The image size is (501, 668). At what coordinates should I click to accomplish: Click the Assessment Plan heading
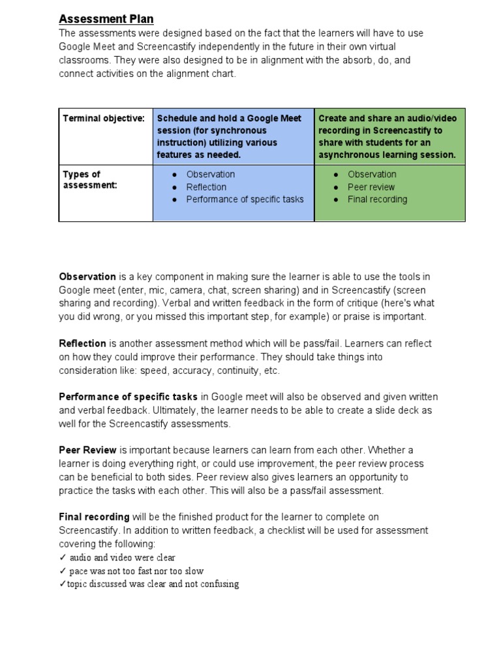point(106,19)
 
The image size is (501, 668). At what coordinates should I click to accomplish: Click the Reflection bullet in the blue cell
point(206,187)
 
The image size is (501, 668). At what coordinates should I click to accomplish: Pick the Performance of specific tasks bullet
point(245,199)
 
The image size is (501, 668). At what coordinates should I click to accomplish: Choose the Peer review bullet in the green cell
point(371,187)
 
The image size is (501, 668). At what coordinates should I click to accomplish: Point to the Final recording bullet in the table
point(377,199)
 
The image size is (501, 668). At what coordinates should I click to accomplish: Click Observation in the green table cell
point(372,174)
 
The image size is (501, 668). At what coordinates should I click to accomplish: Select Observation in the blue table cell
point(210,174)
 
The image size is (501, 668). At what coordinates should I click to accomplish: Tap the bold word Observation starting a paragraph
point(87,277)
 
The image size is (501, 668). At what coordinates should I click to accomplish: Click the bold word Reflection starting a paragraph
point(83,343)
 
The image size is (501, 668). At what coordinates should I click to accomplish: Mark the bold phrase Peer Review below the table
point(88,450)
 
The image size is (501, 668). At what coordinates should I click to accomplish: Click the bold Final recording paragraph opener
point(94,517)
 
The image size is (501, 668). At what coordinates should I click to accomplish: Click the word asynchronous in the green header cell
point(352,155)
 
